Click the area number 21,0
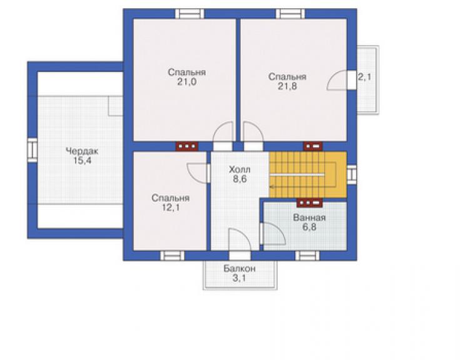[186, 82]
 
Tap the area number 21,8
[287, 86]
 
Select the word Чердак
[82, 152]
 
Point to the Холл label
[240, 170]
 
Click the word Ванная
[309, 218]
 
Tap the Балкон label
[240, 269]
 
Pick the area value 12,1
[170, 207]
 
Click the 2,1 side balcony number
[364, 78]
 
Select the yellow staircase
[307, 175]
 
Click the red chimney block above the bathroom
[310, 203]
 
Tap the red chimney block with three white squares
[187, 147]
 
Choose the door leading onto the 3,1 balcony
[240, 255]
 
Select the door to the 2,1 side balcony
[352, 80]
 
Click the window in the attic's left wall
[32, 150]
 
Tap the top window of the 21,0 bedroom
[190, 14]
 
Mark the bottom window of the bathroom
[307, 255]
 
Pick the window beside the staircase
[352, 175]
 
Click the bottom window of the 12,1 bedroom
[173, 255]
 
